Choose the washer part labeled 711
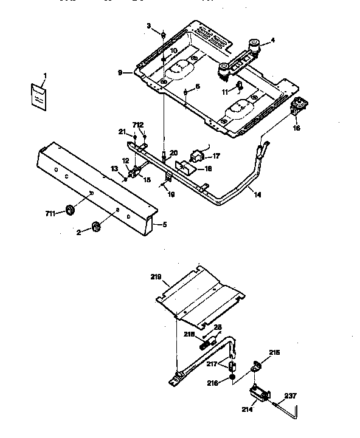point(70,210)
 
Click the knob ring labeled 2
point(96,227)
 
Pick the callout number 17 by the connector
point(216,156)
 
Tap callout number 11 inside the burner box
point(224,91)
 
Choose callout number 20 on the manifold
point(173,152)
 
